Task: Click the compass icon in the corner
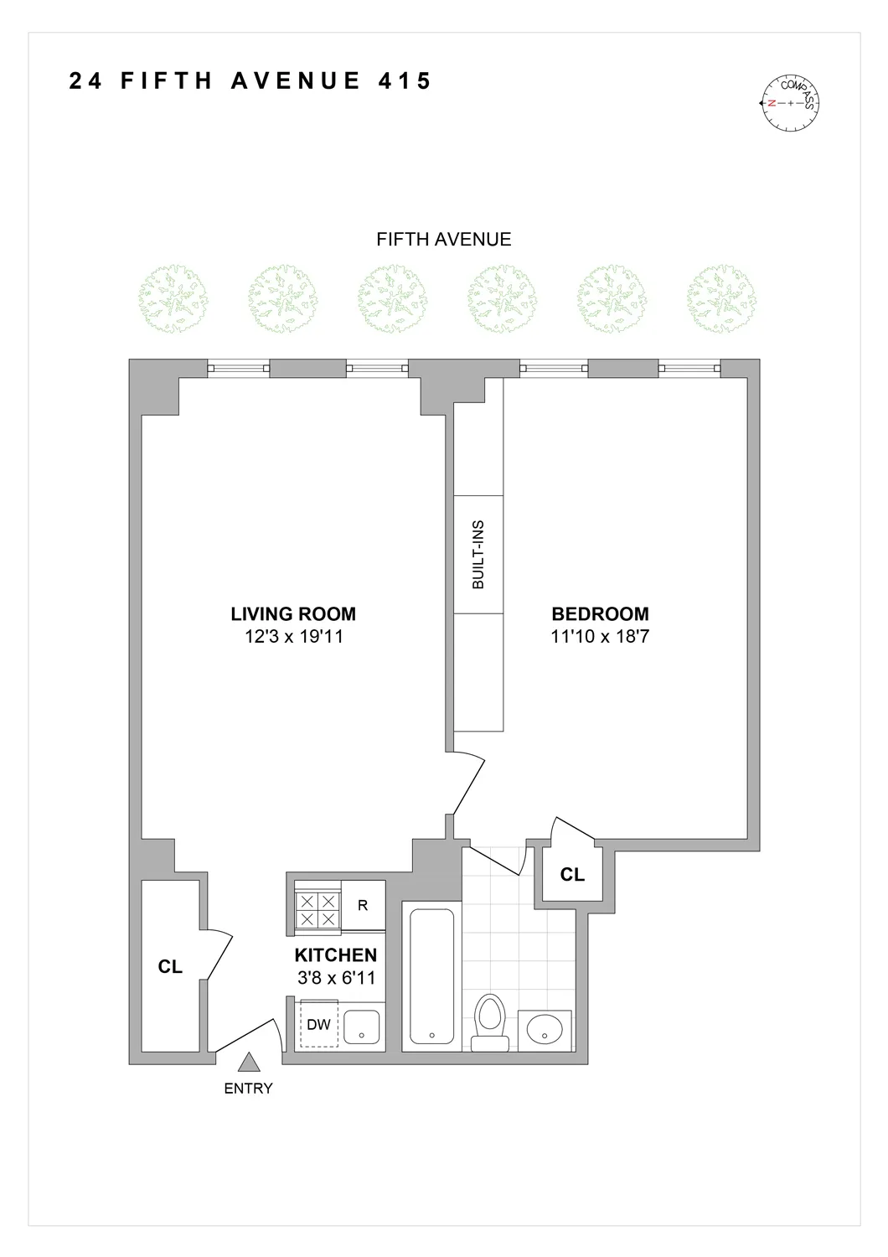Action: coord(789,103)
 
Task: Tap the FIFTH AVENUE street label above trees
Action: coord(443,239)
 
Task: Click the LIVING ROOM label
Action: coord(293,614)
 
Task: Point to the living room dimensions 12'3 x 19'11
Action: coord(293,637)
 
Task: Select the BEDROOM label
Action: coord(600,614)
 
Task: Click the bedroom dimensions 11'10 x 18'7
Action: coord(600,637)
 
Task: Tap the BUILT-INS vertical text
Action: coord(478,555)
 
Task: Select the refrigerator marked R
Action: coord(363,906)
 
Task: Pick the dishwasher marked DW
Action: coord(318,1024)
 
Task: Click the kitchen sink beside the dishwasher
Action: coord(363,1027)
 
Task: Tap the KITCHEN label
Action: coord(335,955)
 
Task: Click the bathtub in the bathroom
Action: coord(431,976)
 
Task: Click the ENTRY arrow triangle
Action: coord(248,1063)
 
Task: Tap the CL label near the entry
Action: coord(170,967)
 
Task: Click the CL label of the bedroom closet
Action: coord(572,875)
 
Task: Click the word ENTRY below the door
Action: coord(248,1089)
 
